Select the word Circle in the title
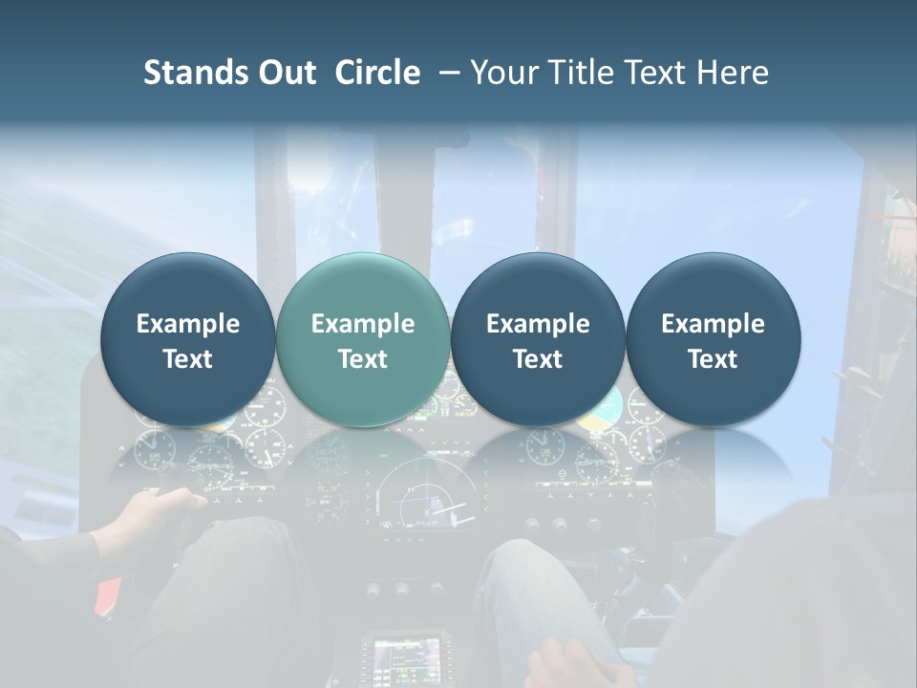[x=377, y=73]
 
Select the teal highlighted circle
[x=362, y=339]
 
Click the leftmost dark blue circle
[x=187, y=339]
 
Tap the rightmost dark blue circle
[x=713, y=339]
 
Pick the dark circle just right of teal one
[x=538, y=339]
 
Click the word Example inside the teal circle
[x=362, y=324]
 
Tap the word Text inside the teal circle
[x=362, y=359]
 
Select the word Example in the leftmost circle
[x=187, y=324]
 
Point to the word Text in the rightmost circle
[x=713, y=359]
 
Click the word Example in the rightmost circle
[x=713, y=324]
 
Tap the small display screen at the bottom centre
[x=406, y=656]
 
